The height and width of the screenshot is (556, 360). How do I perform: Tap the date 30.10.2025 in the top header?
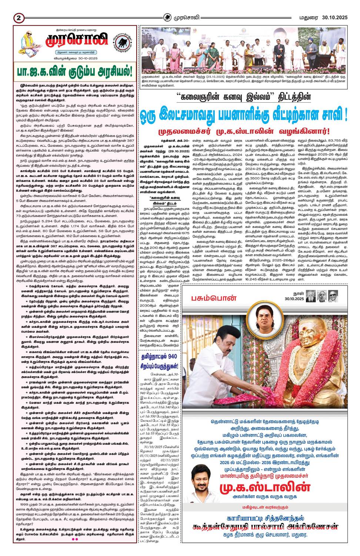(334, 17)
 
